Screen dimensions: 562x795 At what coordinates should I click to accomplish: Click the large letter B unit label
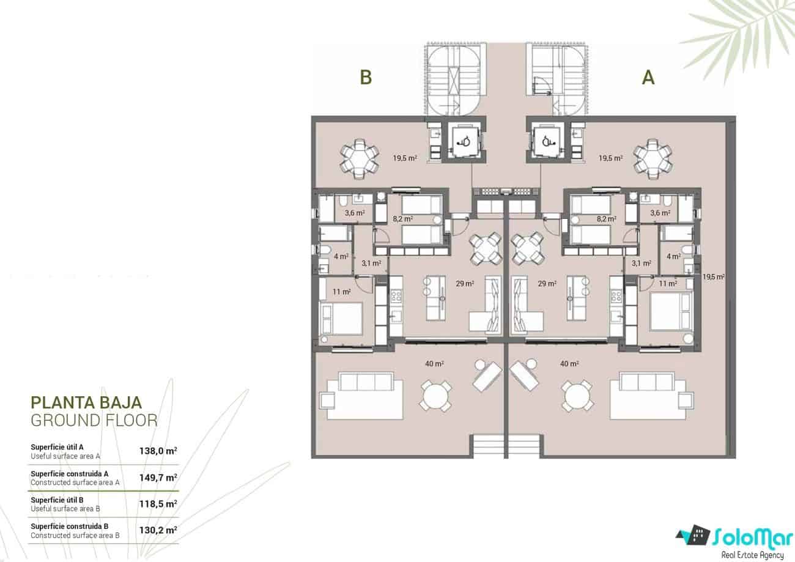(x=366, y=78)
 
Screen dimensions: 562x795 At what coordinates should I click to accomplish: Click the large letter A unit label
(x=648, y=78)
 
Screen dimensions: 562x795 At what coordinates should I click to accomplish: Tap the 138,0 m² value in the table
(x=158, y=451)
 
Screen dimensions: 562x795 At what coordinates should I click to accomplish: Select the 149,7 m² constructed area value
(x=158, y=478)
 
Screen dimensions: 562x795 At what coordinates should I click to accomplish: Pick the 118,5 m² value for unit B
(x=158, y=504)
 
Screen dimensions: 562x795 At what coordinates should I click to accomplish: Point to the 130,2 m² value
(x=158, y=530)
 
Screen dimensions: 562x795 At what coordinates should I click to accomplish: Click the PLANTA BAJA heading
(x=86, y=402)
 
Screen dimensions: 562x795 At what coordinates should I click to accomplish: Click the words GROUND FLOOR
(x=94, y=420)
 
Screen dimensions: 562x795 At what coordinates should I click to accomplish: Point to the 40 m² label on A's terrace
(x=569, y=364)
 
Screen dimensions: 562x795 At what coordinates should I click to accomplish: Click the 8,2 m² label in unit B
(x=402, y=218)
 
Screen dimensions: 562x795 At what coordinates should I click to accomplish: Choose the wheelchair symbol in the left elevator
(x=463, y=141)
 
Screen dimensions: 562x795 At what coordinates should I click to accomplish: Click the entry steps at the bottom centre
(x=505, y=446)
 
